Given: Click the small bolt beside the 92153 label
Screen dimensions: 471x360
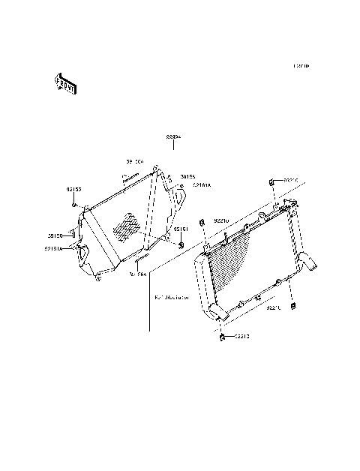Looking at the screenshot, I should [x=73, y=205].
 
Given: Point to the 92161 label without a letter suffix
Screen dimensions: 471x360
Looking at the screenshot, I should [x=181, y=229].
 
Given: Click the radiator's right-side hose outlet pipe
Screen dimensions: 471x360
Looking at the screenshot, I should [x=309, y=265].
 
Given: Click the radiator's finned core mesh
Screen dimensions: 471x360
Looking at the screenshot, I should [x=244, y=262].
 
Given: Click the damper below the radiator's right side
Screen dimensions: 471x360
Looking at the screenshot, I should [x=293, y=305].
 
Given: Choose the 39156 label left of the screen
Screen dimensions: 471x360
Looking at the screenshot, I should [x=55, y=235].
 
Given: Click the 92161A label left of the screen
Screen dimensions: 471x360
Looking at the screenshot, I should [x=55, y=247].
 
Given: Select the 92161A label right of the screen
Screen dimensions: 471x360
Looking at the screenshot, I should [x=202, y=184].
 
